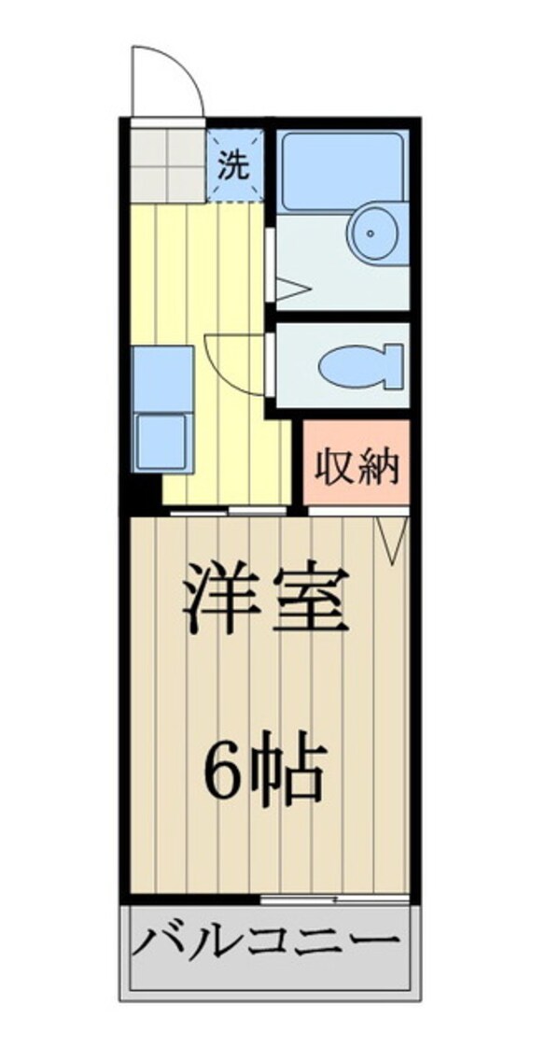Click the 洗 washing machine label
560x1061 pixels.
[x=234, y=166]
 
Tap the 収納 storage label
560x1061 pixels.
[x=357, y=465]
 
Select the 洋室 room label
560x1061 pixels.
[x=266, y=597]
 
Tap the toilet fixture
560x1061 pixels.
[x=360, y=365]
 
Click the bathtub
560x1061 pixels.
[x=343, y=171]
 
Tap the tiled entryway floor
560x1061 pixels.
[x=167, y=164]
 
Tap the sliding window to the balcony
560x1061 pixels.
[x=335, y=899]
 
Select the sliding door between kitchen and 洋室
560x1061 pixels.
[x=228, y=512]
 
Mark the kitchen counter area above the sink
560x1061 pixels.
[x=162, y=377]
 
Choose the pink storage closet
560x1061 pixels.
[x=357, y=462]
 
